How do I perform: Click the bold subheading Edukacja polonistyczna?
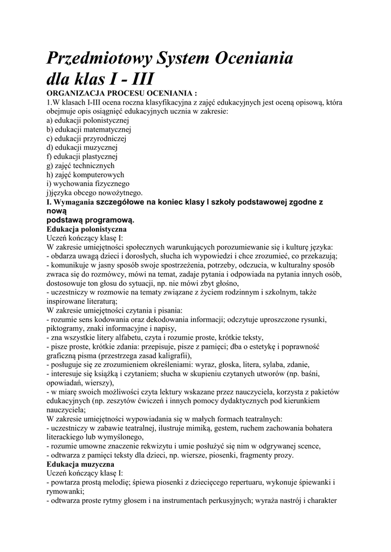point(86,229)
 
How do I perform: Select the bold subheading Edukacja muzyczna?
point(80,464)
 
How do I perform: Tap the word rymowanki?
point(65,491)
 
